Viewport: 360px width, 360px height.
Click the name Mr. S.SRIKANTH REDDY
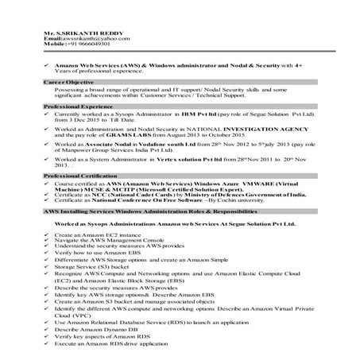pyautogui.click(x=75, y=32)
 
